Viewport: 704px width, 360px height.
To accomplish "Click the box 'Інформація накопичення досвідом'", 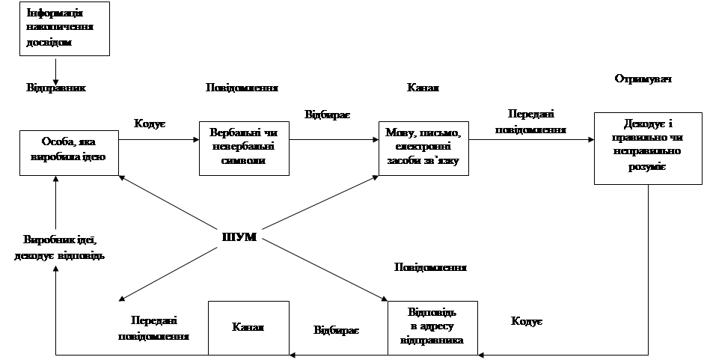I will tap(64, 28).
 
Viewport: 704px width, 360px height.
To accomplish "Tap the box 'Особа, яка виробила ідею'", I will tap(68, 149).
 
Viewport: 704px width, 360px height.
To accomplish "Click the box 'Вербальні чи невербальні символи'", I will tap(244, 147).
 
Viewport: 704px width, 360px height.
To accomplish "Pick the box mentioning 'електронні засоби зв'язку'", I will tap(424, 147).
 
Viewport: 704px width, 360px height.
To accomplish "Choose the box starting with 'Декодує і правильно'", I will tap(648, 147).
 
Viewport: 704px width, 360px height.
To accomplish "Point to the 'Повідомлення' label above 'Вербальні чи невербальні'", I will tap(243, 88).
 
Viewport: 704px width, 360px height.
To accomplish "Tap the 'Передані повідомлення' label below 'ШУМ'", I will tap(154, 328).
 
